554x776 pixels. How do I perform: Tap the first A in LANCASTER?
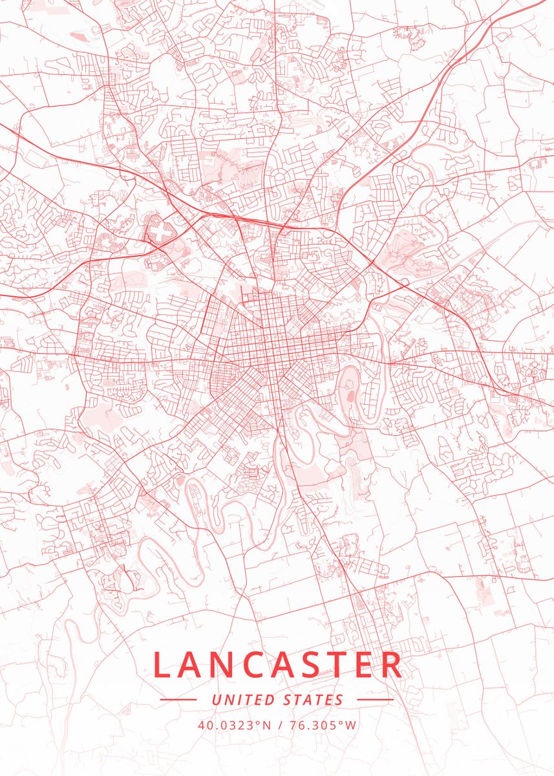pyautogui.click(x=193, y=665)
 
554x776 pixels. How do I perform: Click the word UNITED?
pyautogui.click(x=243, y=700)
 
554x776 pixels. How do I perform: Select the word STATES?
pyautogui.click(x=314, y=700)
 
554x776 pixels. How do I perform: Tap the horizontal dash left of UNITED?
pyautogui.click(x=178, y=700)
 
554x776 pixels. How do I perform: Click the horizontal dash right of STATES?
pyautogui.click(x=374, y=700)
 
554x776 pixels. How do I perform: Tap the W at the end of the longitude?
pyautogui.click(x=351, y=725)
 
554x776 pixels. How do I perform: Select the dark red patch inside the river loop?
pyautogui.click(x=350, y=394)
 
